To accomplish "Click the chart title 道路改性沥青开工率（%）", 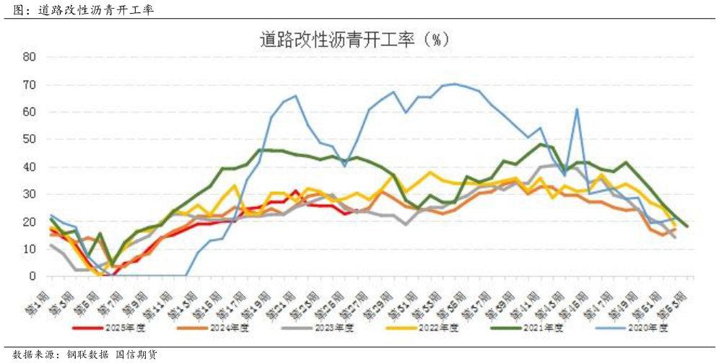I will click(359, 39).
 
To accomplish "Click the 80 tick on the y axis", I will click(30, 57).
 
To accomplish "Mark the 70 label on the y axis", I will click(30, 84).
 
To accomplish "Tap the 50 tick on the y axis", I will click(30, 139).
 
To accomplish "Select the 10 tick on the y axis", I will click(30, 249).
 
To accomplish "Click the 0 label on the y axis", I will click(32, 276).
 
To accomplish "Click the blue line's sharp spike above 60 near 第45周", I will click(578, 109).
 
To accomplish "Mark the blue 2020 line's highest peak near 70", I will click(454, 84).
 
